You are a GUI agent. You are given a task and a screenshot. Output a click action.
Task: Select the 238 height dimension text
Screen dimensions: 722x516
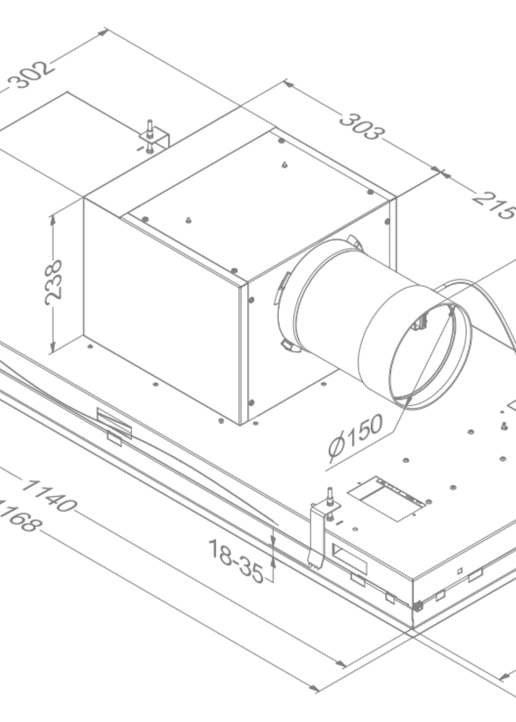pos(53,282)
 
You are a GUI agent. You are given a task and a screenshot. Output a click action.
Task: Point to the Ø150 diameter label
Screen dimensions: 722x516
pos(355,435)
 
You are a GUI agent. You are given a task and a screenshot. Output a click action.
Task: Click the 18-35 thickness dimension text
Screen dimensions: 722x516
pos(236,561)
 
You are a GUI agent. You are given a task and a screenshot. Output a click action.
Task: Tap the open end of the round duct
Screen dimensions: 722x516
pos(423,356)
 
